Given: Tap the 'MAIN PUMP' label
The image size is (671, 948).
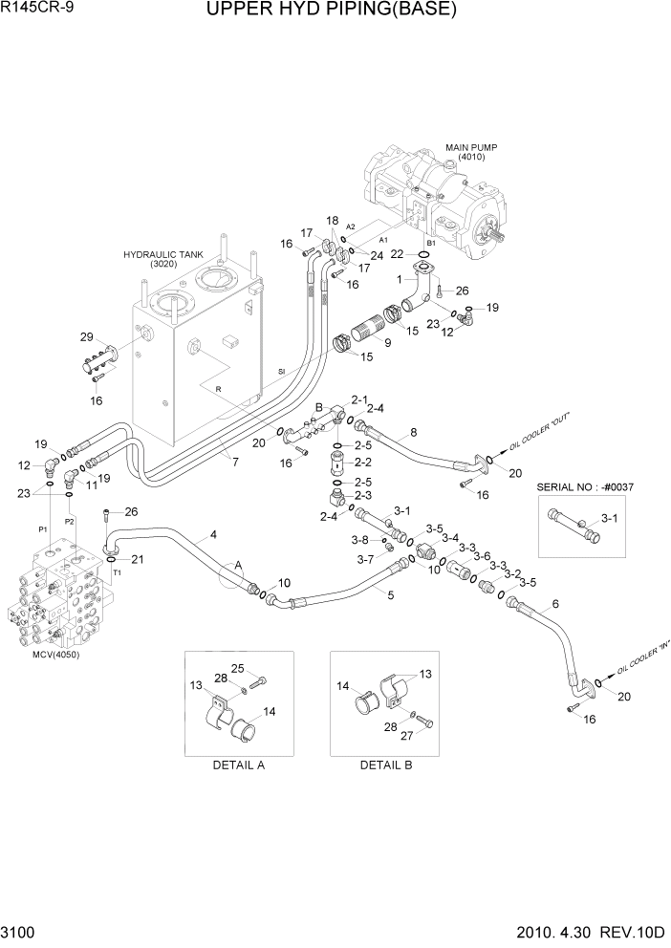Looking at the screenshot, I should [x=471, y=147].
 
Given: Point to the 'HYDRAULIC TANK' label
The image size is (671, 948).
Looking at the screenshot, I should [x=163, y=255].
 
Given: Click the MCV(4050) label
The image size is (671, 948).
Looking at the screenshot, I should [x=54, y=655].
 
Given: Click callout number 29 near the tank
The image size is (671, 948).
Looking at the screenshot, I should [x=86, y=338].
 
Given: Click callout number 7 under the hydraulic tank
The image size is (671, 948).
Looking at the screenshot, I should [x=235, y=463].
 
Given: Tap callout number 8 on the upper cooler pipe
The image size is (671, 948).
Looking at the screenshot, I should [x=413, y=432].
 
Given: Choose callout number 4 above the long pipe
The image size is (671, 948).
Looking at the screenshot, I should [x=212, y=534].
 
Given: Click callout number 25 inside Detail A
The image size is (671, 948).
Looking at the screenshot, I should [x=239, y=668].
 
